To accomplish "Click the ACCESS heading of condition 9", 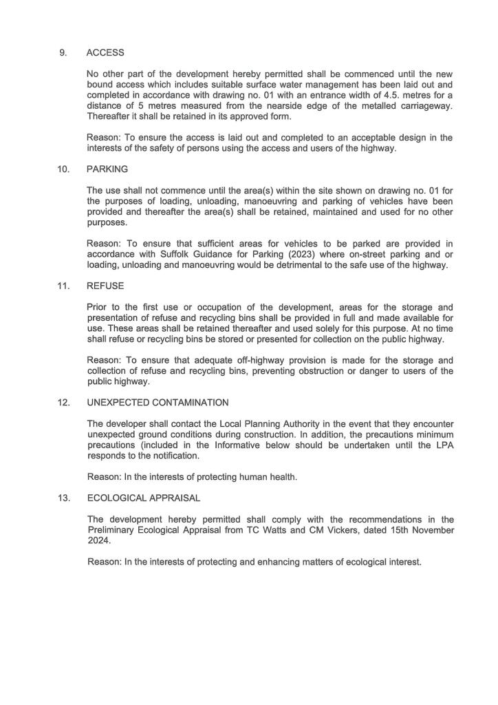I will pyautogui.click(x=105, y=52).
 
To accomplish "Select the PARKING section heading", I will pyautogui.click(x=107, y=169).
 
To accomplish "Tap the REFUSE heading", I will pyautogui.click(x=105, y=286).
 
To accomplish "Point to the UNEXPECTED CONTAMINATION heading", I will pyautogui.click(x=158, y=402).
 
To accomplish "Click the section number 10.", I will pyautogui.click(x=64, y=169).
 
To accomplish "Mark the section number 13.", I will pyautogui.click(x=64, y=498).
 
